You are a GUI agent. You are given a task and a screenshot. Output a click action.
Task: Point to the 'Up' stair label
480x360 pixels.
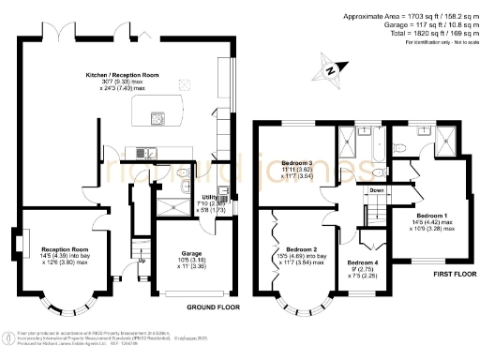142,260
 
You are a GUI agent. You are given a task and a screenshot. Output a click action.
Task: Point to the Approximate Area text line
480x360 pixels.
405,16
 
